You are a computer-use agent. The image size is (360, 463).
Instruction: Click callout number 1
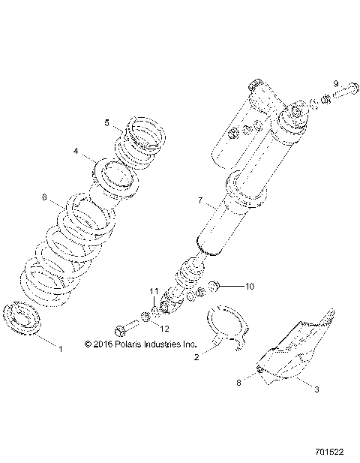tap(61, 349)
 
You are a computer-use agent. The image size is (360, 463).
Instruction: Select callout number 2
tap(197, 358)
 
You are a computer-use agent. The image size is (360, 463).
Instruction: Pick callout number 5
tap(107, 122)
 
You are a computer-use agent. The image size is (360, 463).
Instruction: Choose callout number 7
tap(199, 200)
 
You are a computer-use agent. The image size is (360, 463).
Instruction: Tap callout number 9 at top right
tap(336, 83)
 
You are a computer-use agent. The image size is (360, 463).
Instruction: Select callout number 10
tap(250, 286)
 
